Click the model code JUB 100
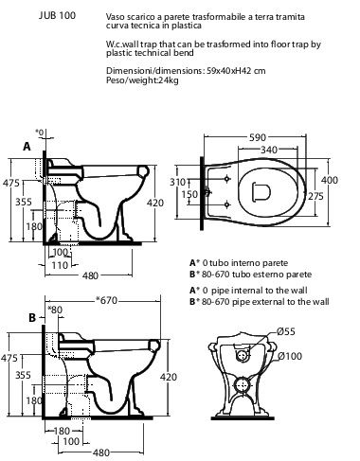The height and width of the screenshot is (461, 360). point(57,15)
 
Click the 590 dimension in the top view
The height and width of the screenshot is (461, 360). point(258,137)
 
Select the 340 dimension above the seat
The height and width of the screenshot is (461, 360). point(269,150)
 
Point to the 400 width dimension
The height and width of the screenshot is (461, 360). point(330,180)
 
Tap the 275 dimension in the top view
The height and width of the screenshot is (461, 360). point(316,196)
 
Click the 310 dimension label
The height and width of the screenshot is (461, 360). point(177,182)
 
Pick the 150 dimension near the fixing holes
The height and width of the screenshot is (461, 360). point(189,194)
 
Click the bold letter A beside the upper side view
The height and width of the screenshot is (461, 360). point(27,147)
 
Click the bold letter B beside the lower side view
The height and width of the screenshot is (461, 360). point(32,317)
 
